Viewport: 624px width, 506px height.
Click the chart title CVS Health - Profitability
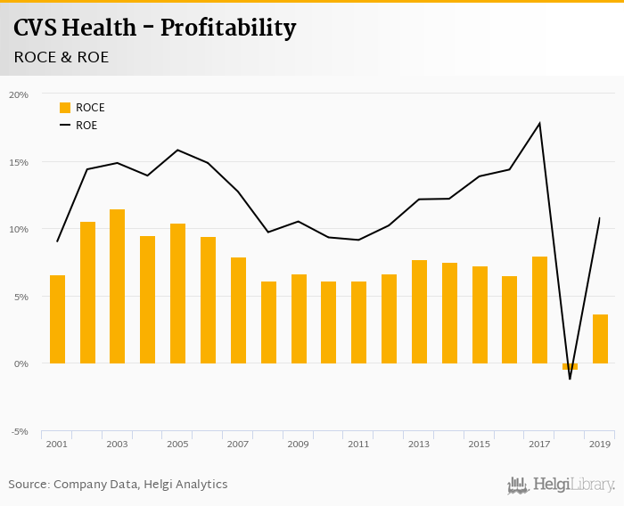[154, 28]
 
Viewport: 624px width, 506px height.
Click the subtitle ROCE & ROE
[62, 57]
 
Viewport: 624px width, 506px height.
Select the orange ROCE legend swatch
[65, 108]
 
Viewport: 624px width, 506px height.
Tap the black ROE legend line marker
[65, 126]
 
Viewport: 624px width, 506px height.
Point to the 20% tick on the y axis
[19, 94]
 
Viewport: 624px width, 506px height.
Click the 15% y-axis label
[19, 162]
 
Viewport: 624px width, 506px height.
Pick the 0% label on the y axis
[21, 363]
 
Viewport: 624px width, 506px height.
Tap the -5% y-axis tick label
[19, 431]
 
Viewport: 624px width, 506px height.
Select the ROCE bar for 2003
[117, 286]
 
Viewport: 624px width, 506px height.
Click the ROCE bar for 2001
[57, 319]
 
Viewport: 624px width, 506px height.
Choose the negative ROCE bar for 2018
[570, 366]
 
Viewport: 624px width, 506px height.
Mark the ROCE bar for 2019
[600, 339]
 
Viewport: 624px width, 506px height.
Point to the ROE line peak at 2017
[539, 123]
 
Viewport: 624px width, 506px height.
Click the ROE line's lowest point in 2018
[570, 379]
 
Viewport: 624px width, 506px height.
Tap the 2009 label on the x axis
[299, 444]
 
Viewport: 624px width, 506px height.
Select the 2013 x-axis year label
[419, 444]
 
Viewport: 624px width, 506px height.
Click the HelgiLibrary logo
[562, 485]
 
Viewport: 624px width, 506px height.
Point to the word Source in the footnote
[29, 485]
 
